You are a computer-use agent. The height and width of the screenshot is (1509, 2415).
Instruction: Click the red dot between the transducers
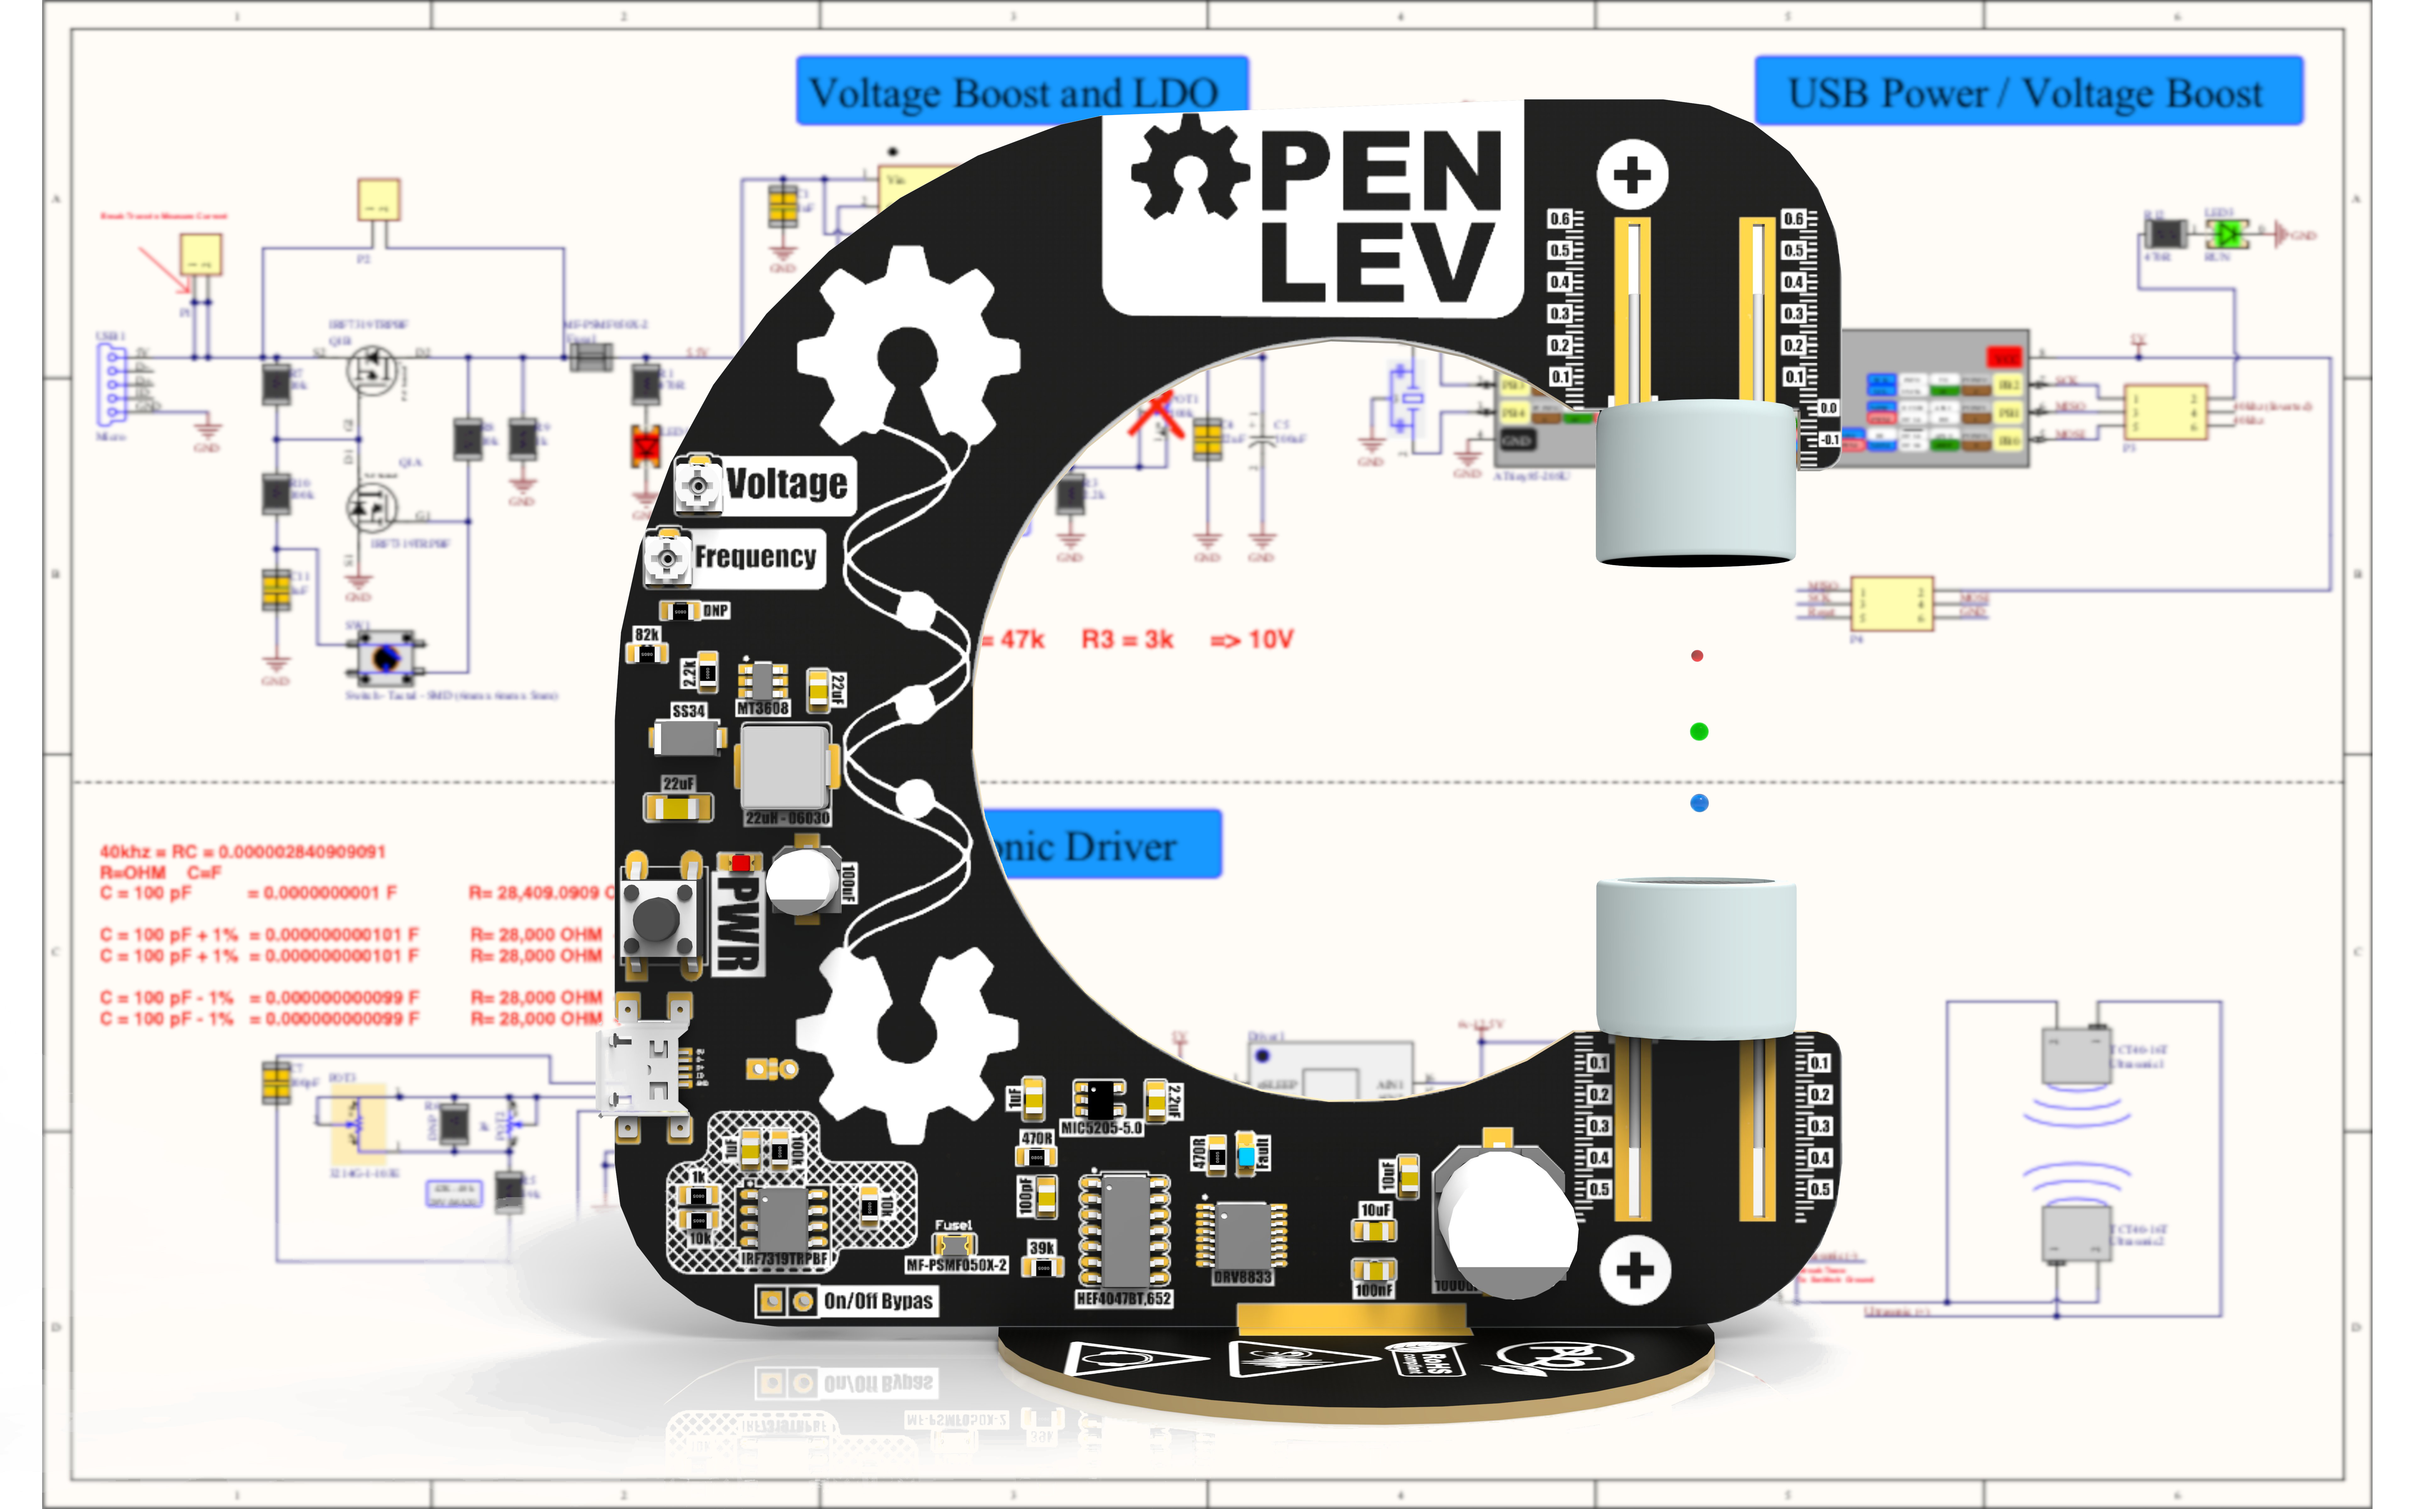click(1696, 656)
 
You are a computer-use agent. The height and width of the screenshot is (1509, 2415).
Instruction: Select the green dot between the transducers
click(1698, 732)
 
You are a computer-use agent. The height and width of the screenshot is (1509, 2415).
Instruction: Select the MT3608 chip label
click(763, 708)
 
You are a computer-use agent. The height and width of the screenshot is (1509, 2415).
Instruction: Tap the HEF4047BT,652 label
click(1124, 1298)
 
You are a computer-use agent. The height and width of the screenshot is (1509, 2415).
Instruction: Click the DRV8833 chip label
click(1242, 1276)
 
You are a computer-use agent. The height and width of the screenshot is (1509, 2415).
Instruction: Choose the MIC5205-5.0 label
click(1101, 1128)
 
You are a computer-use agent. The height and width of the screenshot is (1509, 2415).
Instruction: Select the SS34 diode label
click(689, 710)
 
